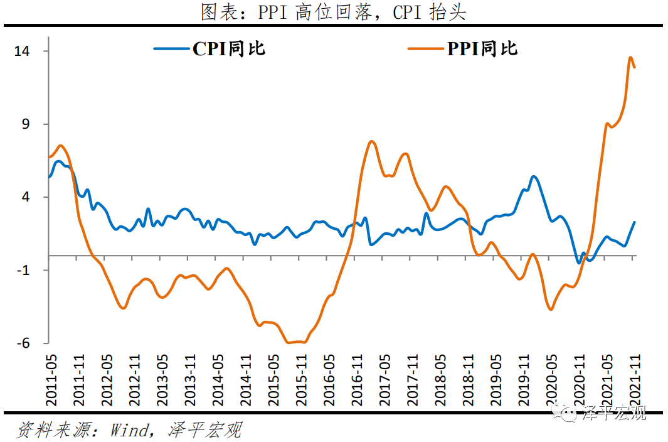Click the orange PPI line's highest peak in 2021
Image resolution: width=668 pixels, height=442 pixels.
point(630,58)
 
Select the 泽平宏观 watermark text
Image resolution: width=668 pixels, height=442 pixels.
point(615,414)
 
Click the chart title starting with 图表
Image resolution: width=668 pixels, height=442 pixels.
point(333,12)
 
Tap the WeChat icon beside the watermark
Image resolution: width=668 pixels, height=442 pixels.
point(570,414)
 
